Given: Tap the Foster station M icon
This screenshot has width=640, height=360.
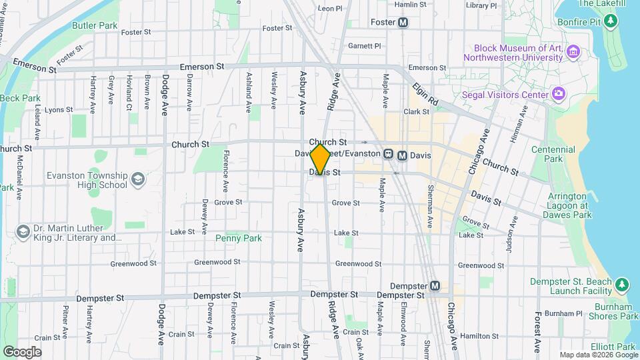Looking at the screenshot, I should (x=403, y=22).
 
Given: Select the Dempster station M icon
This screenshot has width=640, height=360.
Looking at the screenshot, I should (x=435, y=285).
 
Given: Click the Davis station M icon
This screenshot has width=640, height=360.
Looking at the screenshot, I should (x=402, y=155).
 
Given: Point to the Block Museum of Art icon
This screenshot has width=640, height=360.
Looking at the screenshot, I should (x=573, y=53).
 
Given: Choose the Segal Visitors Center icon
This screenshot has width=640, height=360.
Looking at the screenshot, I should (x=559, y=94).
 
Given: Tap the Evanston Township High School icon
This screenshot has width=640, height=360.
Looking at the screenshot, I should (x=137, y=179).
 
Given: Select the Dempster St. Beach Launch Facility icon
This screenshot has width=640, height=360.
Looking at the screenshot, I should (x=621, y=285).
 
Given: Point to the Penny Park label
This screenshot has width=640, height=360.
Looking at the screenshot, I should (x=239, y=238).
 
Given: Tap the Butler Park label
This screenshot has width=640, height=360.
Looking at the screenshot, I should (x=95, y=25).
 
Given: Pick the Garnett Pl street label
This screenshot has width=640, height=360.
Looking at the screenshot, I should (x=364, y=46).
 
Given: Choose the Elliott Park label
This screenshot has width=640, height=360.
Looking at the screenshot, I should (x=616, y=347).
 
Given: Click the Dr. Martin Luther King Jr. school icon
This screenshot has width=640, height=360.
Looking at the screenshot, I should (x=23, y=231).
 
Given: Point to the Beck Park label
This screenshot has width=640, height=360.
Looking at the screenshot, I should (x=20, y=98).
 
